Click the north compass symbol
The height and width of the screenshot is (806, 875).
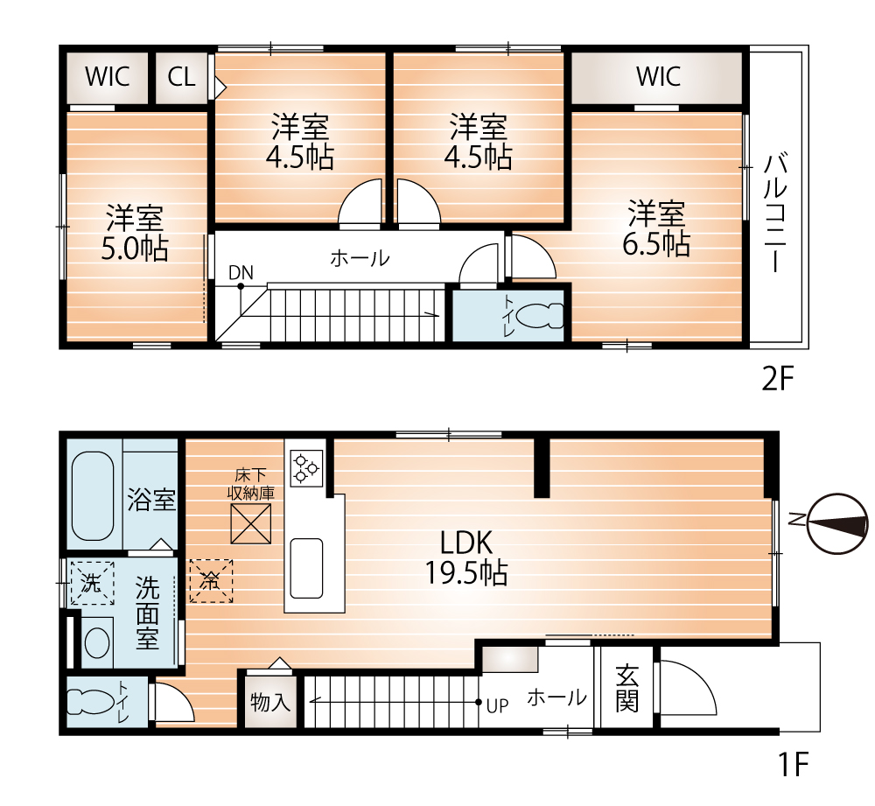[837, 523]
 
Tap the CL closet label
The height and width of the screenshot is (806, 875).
[181, 76]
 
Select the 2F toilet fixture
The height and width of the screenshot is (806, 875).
[540, 316]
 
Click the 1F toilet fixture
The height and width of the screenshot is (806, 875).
[90, 702]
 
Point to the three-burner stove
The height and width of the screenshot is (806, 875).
[306, 468]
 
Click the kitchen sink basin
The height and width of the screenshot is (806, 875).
[306, 568]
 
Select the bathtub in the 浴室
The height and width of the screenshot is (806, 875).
[93, 495]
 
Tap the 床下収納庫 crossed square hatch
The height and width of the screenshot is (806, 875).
[251, 523]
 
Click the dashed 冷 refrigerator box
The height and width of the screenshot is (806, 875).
[211, 581]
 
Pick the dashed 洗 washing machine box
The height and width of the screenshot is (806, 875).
[92, 584]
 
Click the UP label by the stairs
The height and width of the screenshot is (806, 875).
[497, 706]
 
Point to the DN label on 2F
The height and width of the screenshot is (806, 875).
[241, 272]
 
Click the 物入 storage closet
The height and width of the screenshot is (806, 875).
[270, 702]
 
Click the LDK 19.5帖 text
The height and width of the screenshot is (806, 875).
[466, 557]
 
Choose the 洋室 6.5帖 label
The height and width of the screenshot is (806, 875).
[656, 228]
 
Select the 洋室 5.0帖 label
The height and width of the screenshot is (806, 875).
[135, 233]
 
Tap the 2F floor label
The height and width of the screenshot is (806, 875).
[777, 380]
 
